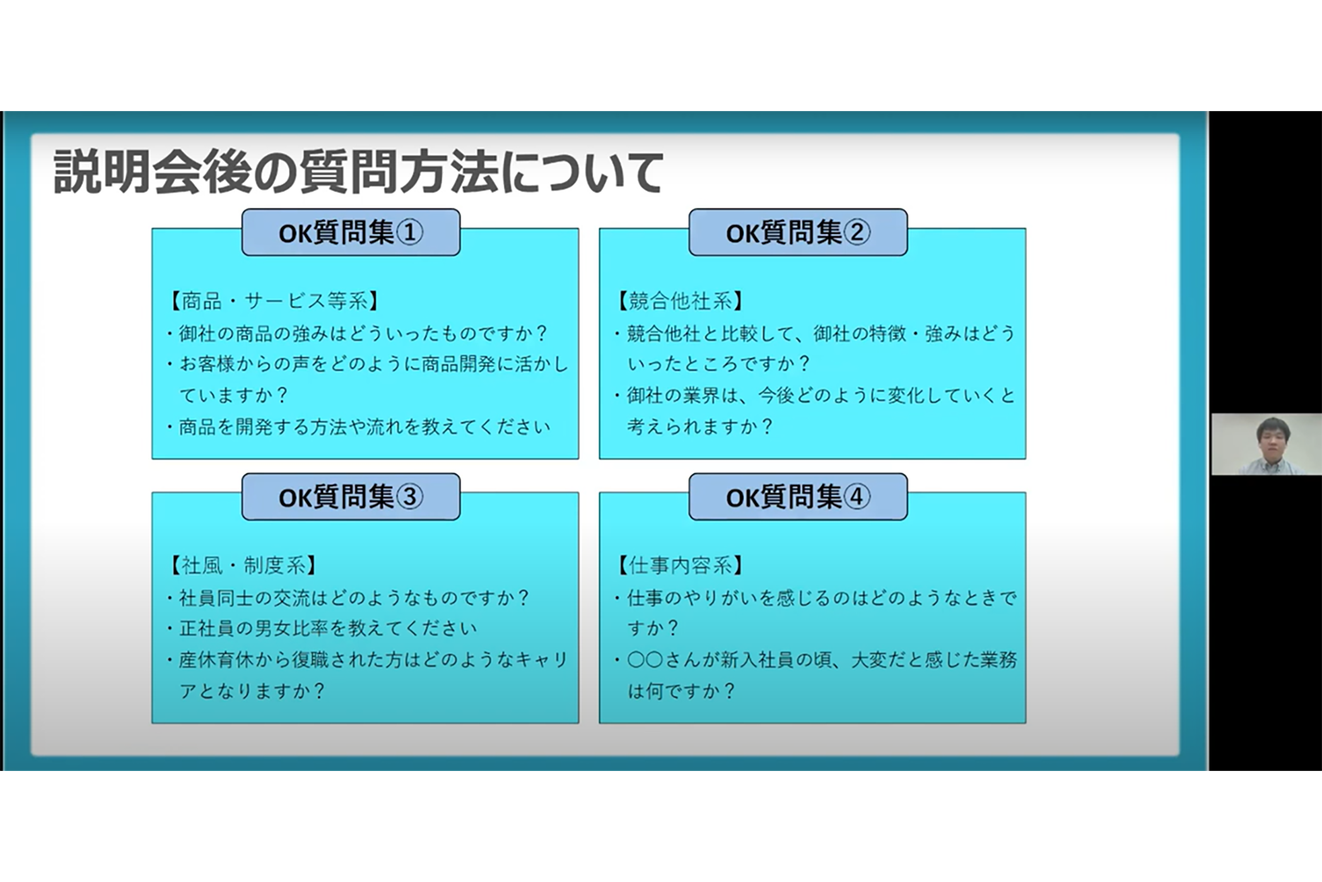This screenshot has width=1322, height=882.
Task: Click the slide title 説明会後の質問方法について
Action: pyautogui.click(x=358, y=172)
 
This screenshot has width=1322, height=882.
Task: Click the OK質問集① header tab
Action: pyautogui.click(x=351, y=232)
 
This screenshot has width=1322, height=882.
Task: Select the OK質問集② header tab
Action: pyautogui.click(x=798, y=232)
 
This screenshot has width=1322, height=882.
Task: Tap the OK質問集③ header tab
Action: pyautogui.click(x=351, y=497)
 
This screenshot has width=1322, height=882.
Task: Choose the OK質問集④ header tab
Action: pyautogui.click(x=798, y=497)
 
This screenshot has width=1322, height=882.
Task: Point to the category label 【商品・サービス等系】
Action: pyautogui.click(x=274, y=301)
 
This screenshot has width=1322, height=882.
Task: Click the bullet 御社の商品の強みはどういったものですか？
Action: pyautogui.click(x=358, y=333)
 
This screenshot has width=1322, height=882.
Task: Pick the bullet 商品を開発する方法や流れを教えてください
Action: pyautogui.click(x=358, y=427)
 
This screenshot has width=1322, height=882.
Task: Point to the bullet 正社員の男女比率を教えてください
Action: pyautogui.click(x=322, y=628)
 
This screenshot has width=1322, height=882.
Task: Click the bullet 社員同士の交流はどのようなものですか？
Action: pyautogui.click(x=348, y=597)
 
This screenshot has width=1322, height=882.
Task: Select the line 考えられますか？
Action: pyautogui.click(x=699, y=426)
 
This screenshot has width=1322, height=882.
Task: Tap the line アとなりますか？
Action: pyautogui.click(x=252, y=691)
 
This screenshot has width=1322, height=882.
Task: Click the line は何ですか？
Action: pyautogui.click(x=681, y=691)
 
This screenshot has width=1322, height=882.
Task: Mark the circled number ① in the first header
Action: pyautogui.click(x=409, y=233)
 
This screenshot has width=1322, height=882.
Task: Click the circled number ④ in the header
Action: pyautogui.click(x=857, y=497)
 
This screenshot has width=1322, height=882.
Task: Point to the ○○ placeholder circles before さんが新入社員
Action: pyautogui.click(x=645, y=660)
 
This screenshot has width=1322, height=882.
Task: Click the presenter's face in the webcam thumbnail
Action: pyautogui.click(x=1271, y=441)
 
